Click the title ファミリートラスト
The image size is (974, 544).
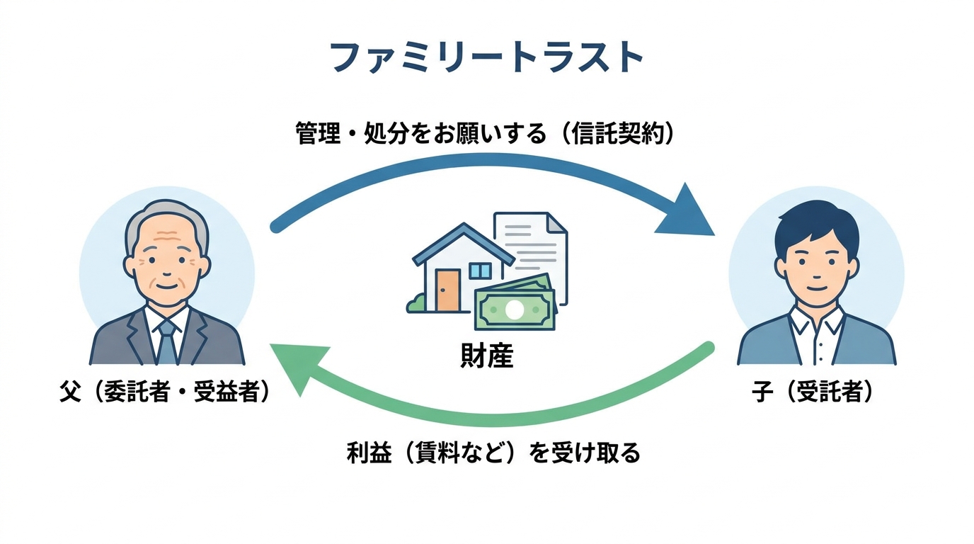tap(487, 58)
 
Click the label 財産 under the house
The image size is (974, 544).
tap(486, 356)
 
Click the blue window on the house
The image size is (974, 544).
tap(480, 271)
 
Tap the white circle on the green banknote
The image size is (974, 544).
tap(515, 310)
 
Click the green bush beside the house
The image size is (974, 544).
tap(416, 304)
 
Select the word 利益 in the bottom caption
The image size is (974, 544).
tap(369, 452)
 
